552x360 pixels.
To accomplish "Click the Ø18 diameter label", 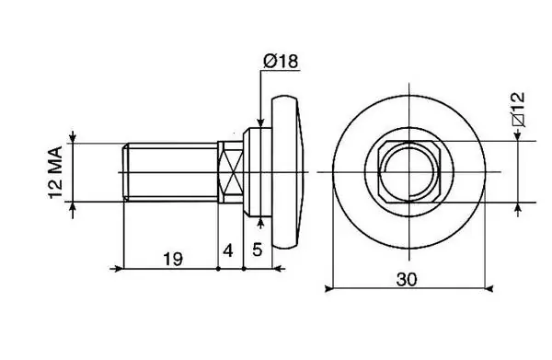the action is [x=281, y=62].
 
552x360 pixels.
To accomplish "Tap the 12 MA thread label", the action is [x=55, y=172].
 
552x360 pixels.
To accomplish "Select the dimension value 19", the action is [x=173, y=260].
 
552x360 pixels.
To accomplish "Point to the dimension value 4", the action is [x=228, y=251].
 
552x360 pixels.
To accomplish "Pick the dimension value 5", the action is [x=258, y=250].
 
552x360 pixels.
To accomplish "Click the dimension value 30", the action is [x=407, y=280].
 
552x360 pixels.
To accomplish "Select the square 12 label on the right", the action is [x=519, y=110].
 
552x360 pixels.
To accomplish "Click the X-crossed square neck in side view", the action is [x=231, y=172].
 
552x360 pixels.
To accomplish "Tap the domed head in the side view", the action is [x=285, y=172].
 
